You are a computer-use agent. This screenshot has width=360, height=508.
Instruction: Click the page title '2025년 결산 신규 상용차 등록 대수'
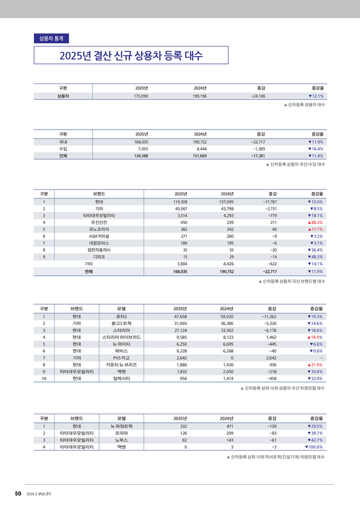click(x=131, y=56)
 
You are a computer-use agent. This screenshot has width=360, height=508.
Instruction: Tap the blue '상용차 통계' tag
click(x=51, y=39)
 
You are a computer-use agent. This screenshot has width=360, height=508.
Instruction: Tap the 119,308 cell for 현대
click(x=180, y=202)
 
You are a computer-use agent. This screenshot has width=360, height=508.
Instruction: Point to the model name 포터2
click(x=122, y=316)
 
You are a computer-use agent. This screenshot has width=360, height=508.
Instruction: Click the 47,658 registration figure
click(x=180, y=316)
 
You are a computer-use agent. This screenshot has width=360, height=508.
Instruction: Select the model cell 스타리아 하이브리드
click(x=122, y=337)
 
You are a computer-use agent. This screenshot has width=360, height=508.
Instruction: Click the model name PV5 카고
click(x=122, y=358)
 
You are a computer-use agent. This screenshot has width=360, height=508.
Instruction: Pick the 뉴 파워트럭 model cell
click(x=122, y=426)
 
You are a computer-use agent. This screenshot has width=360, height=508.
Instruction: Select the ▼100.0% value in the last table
click(x=313, y=447)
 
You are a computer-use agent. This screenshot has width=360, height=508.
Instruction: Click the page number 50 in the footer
click(x=18, y=494)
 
